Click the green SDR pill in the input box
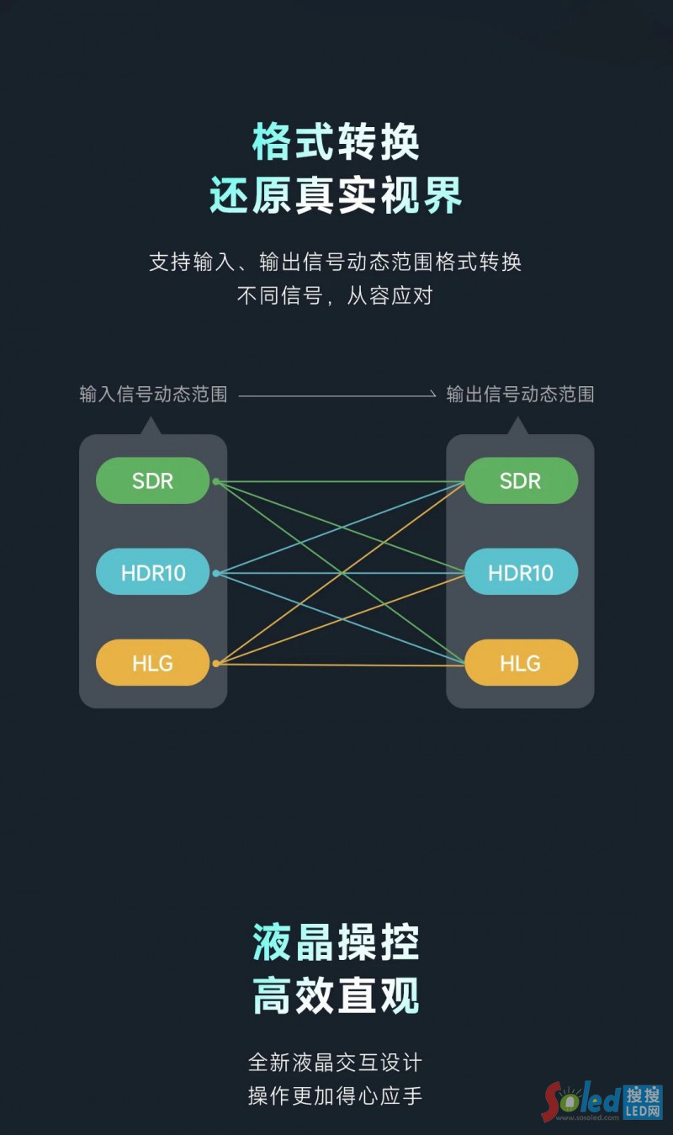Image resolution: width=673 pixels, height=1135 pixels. tap(152, 480)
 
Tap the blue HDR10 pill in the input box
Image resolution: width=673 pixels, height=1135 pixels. tap(152, 572)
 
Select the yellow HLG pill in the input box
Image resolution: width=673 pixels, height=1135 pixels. tap(152, 663)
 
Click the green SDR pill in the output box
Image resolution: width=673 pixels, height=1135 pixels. tap(521, 480)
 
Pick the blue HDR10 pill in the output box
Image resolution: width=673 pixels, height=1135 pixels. tap(521, 572)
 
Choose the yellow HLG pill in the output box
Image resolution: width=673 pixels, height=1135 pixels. tap(521, 663)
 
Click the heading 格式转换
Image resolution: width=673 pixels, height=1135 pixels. tap(336, 142)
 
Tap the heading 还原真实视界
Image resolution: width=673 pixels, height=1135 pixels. tap(336, 196)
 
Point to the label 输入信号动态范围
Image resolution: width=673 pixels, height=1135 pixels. tap(153, 394)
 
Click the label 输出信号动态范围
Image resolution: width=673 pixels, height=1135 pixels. tap(520, 394)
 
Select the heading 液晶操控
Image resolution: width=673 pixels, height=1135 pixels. tap(336, 941)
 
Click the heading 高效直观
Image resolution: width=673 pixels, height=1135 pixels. tap(336, 996)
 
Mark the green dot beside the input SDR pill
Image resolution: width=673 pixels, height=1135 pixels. tap(216, 481)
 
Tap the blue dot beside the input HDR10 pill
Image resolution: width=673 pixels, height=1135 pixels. tap(216, 573)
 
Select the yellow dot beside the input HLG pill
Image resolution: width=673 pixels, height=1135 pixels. tap(216, 664)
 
